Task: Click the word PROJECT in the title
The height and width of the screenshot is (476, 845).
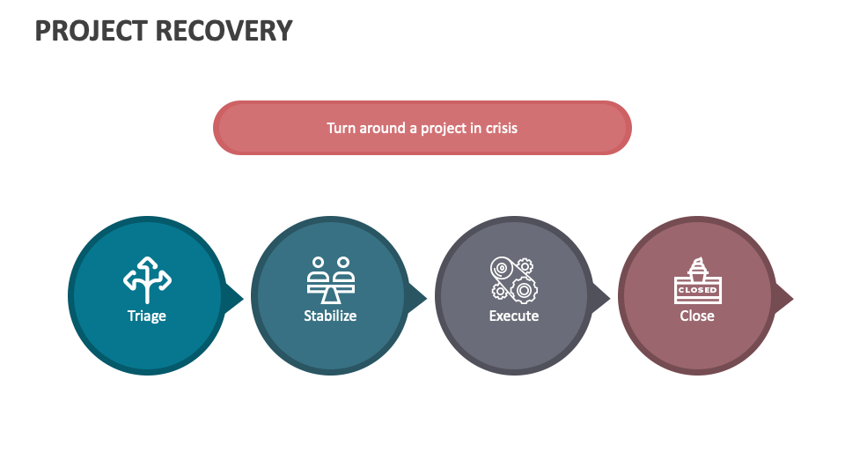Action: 91,30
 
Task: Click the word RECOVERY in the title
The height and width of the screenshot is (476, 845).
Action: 224,30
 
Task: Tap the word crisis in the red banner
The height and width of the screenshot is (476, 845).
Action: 501,128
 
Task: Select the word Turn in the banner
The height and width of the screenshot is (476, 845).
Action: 341,128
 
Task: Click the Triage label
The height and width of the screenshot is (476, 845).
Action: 147,316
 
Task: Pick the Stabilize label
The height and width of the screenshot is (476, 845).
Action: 330,316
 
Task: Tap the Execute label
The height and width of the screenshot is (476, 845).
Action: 514,316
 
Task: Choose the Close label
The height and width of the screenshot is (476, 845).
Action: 697,316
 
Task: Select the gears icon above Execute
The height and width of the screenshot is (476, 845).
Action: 514,279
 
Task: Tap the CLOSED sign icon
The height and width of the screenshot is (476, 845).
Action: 697,279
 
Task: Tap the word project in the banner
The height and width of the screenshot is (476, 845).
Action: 444,128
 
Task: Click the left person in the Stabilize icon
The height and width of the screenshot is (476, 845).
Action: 318,263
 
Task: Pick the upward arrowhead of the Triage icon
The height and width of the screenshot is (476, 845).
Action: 147,261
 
